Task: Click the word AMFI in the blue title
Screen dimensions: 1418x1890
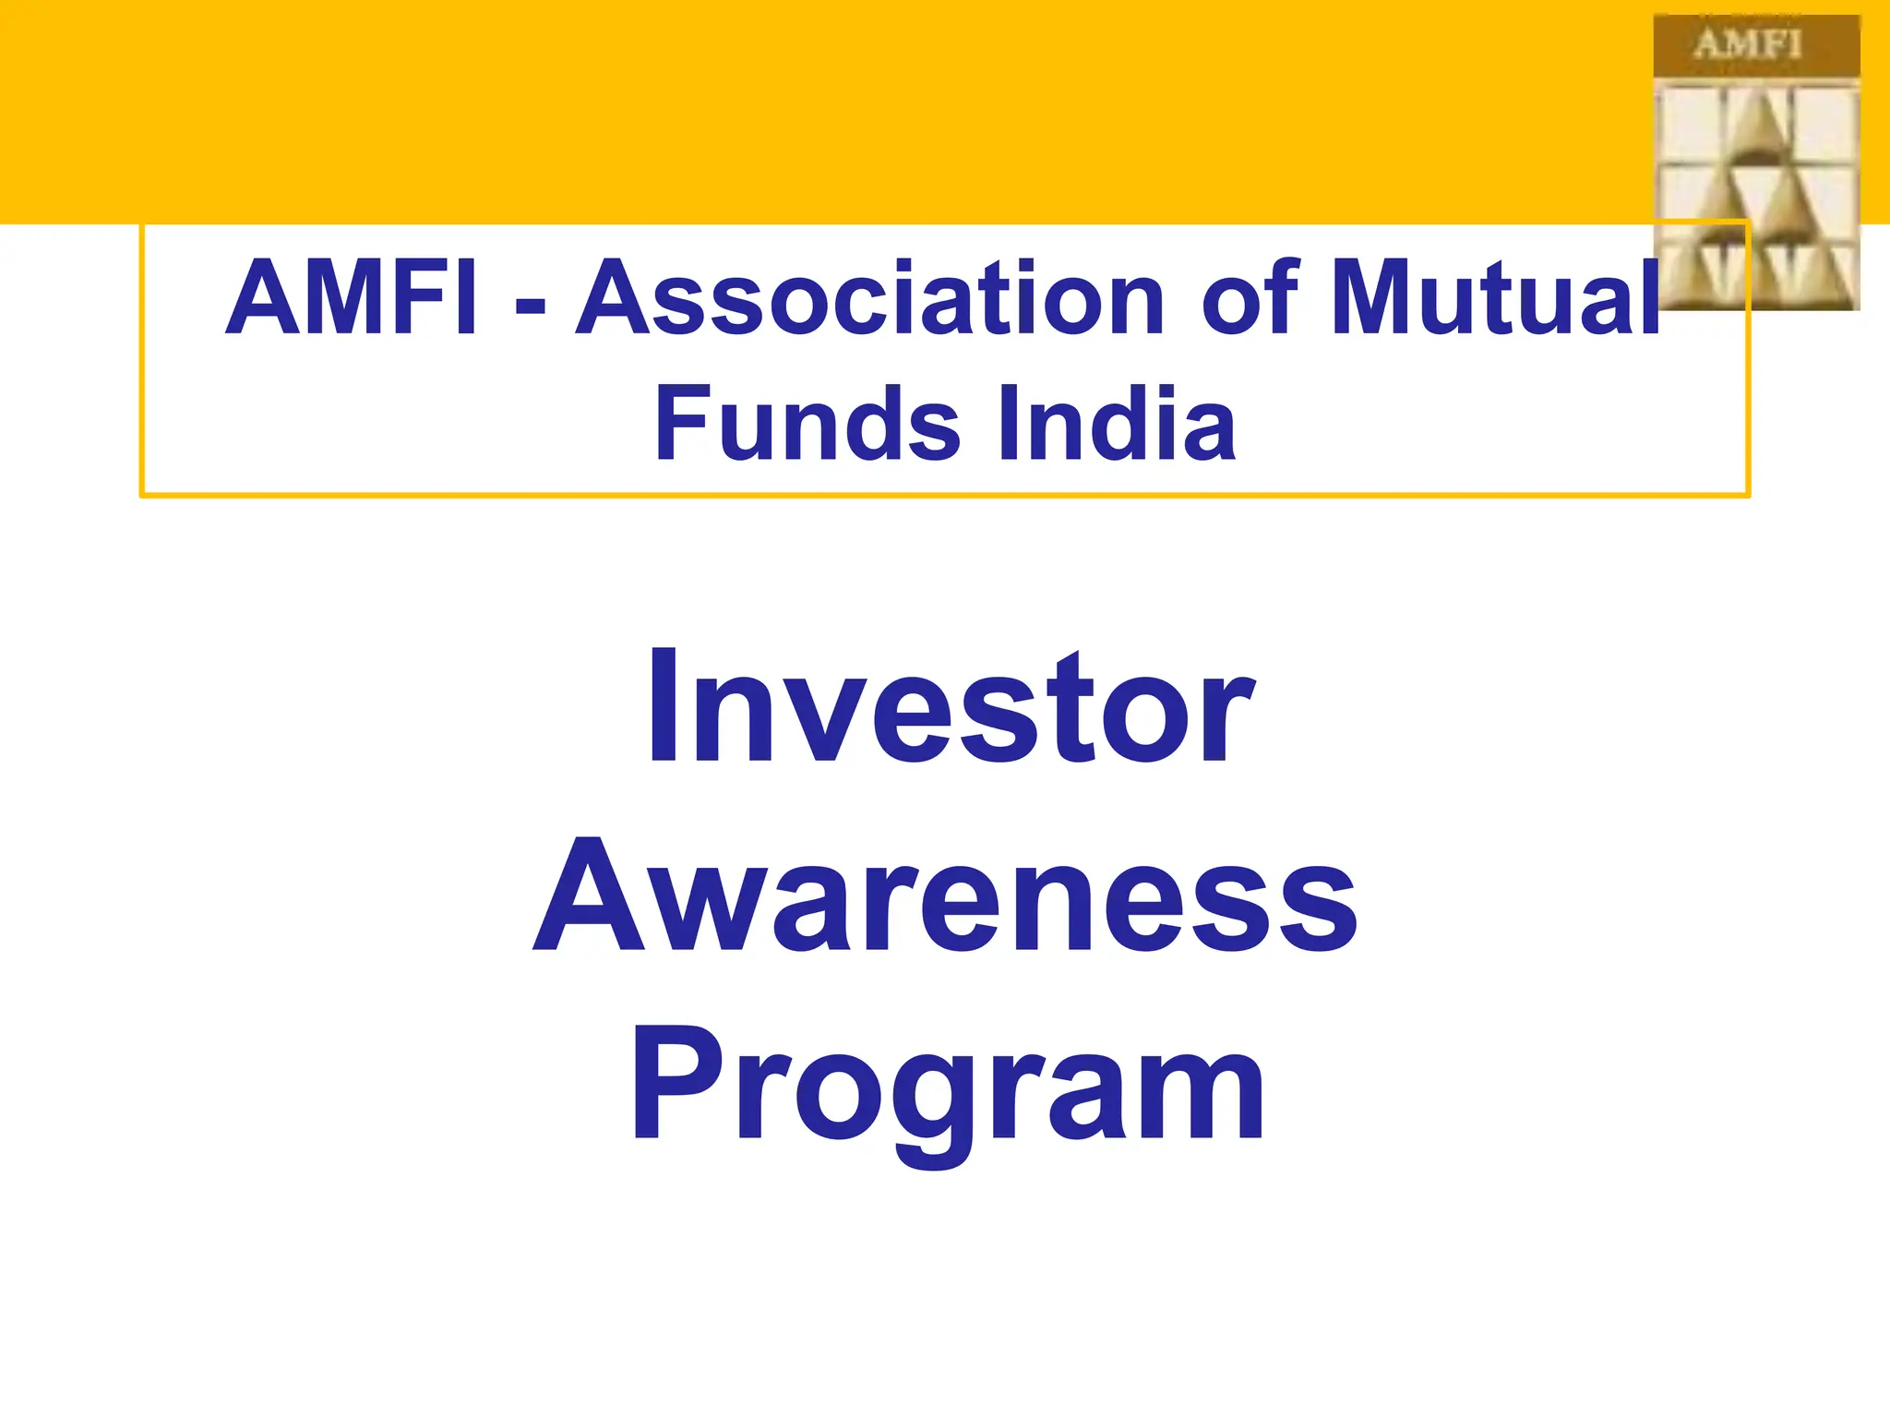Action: tap(352, 298)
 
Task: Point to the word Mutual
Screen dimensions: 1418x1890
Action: tap(1496, 298)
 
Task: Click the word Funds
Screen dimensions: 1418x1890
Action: tap(807, 425)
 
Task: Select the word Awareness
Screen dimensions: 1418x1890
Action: tap(945, 895)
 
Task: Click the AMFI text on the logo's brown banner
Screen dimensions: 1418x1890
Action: tap(1747, 44)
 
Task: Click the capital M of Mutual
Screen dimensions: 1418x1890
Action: tap(1379, 298)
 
